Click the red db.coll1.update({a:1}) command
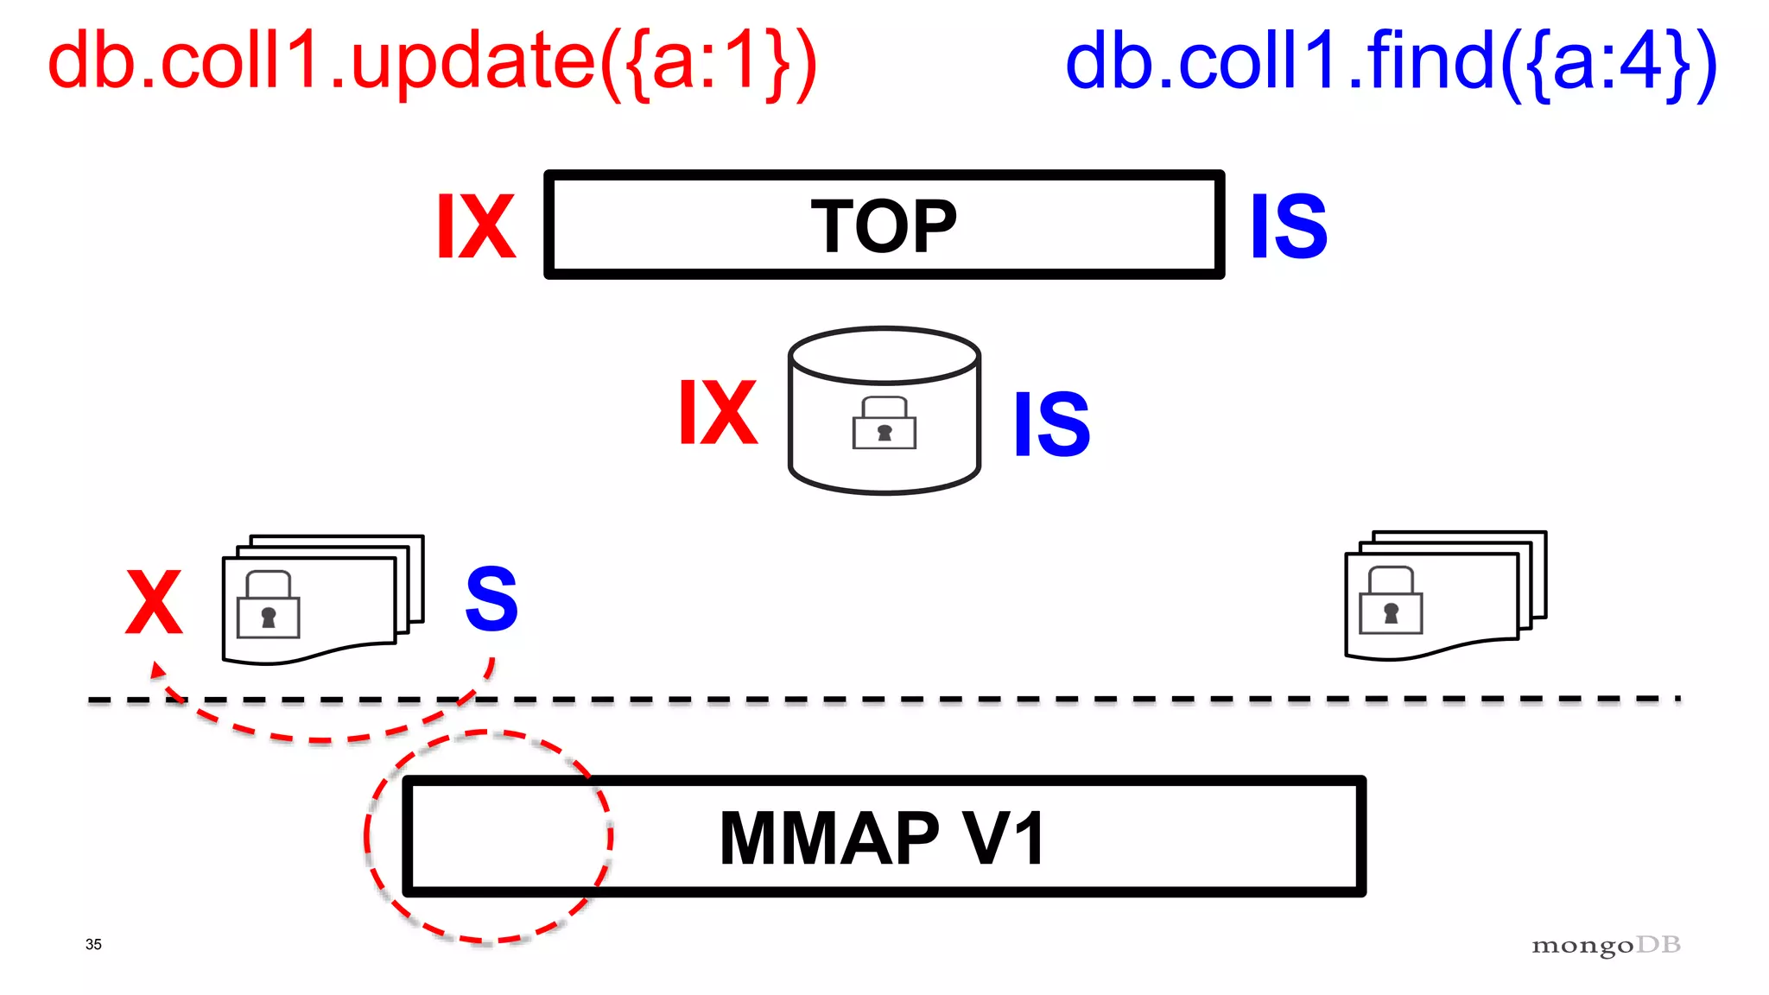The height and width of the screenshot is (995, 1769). pyautogui.click(x=432, y=62)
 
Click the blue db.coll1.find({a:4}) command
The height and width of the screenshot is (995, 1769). pyautogui.click(x=1391, y=62)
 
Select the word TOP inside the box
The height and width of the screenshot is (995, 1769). pyautogui.click(x=884, y=226)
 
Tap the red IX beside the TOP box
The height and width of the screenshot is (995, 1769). pyautogui.click(x=476, y=226)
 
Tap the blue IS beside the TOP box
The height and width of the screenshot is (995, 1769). pyautogui.click(x=1289, y=226)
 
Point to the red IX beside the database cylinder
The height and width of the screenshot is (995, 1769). pyautogui.click(x=718, y=413)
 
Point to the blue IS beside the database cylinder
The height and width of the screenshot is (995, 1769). pyautogui.click(x=1052, y=423)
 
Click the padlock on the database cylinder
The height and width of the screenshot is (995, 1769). pyautogui.click(x=884, y=423)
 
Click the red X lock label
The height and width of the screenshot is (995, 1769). pyautogui.click(x=154, y=602)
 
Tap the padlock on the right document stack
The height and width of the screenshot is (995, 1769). pyautogui.click(x=1391, y=601)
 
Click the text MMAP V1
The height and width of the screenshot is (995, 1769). pyautogui.click(x=883, y=838)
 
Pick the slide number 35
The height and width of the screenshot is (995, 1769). pyautogui.click(x=93, y=944)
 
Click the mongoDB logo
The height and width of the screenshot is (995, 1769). pyautogui.click(x=1606, y=946)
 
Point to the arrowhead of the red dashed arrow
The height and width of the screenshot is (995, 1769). pyautogui.click(x=157, y=669)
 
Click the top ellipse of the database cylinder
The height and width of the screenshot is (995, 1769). pyautogui.click(x=884, y=354)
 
